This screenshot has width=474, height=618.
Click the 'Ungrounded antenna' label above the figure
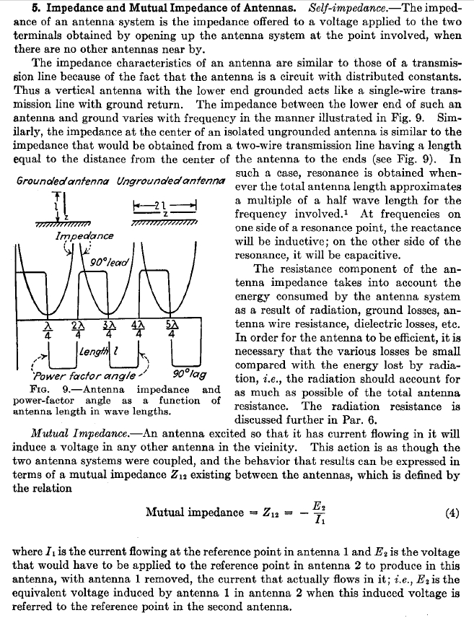(169, 178)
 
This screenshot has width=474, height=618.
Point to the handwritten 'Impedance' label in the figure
(84, 236)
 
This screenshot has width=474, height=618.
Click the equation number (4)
(452, 514)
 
